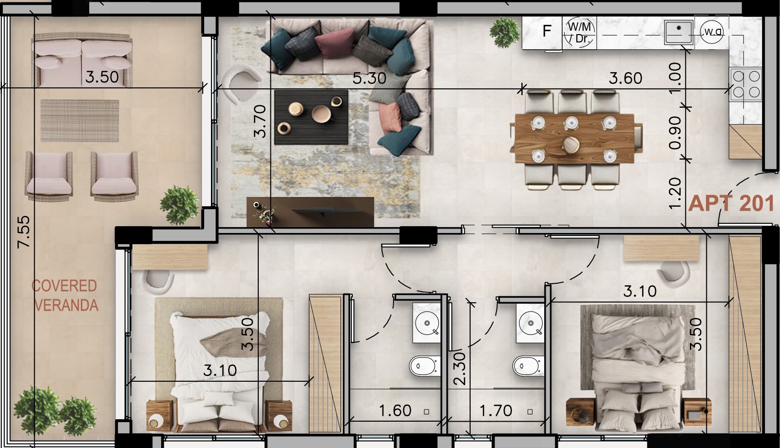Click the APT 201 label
(x=731, y=203)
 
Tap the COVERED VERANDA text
(x=65, y=295)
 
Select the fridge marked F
(x=547, y=32)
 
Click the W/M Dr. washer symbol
(x=579, y=33)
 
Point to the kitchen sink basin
(x=679, y=31)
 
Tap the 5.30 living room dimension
(x=369, y=78)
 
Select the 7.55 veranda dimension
(x=23, y=232)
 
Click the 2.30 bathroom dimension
(x=459, y=369)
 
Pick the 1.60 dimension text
(x=395, y=410)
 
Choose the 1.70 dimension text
(x=495, y=410)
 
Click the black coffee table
(x=311, y=117)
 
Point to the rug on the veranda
(x=79, y=121)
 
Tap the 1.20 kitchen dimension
(x=675, y=193)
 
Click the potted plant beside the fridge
(x=505, y=32)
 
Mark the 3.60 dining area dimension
(x=626, y=78)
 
